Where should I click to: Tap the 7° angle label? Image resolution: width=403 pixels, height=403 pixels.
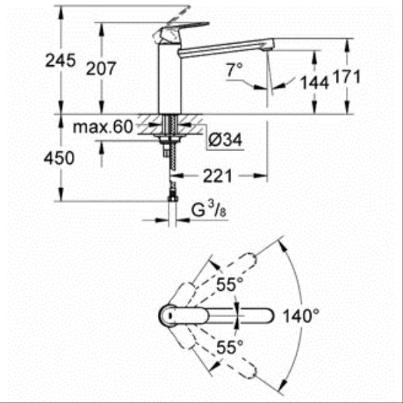pos(233,69)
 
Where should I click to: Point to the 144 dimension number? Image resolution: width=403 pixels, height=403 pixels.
pos(314,82)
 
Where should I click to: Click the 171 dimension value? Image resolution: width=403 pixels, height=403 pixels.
pos(348,77)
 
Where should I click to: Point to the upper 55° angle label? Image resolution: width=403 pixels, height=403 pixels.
pos(229,285)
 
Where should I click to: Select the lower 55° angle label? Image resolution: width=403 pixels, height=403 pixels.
pos(229,347)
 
